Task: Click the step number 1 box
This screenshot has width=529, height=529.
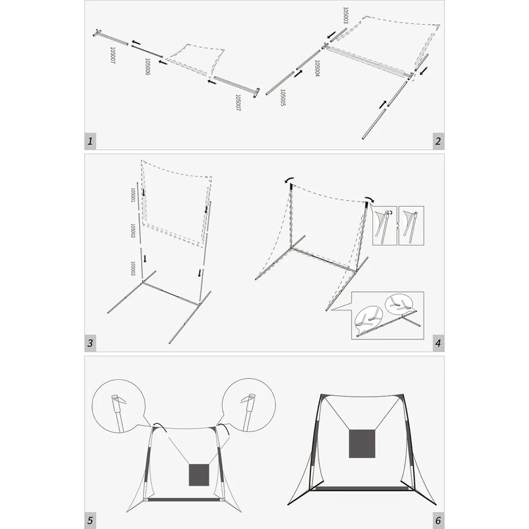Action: [90, 141]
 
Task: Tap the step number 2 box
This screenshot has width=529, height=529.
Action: [438, 141]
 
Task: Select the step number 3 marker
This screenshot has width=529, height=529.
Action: [90, 343]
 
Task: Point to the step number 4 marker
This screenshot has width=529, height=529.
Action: [438, 343]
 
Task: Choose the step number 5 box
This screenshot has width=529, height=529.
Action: [90, 520]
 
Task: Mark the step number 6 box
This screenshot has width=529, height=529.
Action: [438, 520]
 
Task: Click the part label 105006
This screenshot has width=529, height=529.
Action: [148, 67]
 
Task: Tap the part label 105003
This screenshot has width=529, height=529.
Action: [345, 15]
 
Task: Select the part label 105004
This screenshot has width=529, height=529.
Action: [317, 68]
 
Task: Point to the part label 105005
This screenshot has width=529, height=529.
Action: [282, 98]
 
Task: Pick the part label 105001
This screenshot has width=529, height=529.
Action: [133, 195]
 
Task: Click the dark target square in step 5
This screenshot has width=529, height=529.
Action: [199, 475]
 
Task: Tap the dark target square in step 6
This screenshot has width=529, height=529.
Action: [362, 444]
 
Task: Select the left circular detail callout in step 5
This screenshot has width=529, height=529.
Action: [118, 406]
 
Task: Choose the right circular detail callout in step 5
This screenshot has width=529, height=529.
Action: [249, 405]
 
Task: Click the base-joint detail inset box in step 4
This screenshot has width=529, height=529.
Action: [388, 315]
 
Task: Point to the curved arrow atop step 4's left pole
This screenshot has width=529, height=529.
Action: [289, 179]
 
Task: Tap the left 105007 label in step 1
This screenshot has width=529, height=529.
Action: [113, 56]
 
